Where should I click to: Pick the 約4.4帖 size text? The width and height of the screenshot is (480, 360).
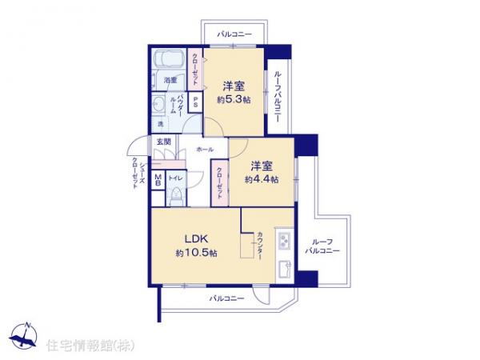point(262,181)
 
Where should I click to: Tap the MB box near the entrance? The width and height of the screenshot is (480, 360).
point(158,181)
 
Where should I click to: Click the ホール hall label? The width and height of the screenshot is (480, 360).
point(204,149)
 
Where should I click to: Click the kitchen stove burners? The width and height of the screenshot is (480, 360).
point(286,240)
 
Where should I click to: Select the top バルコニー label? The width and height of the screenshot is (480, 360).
point(234,34)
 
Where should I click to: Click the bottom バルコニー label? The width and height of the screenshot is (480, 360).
point(227,298)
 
